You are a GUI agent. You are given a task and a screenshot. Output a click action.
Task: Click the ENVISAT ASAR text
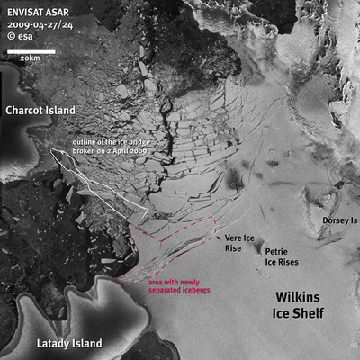(x=33, y=11)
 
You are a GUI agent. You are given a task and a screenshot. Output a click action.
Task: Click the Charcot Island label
(x=40, y=111)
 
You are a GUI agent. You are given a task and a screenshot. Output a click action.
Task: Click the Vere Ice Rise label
(x=238, y=243)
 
